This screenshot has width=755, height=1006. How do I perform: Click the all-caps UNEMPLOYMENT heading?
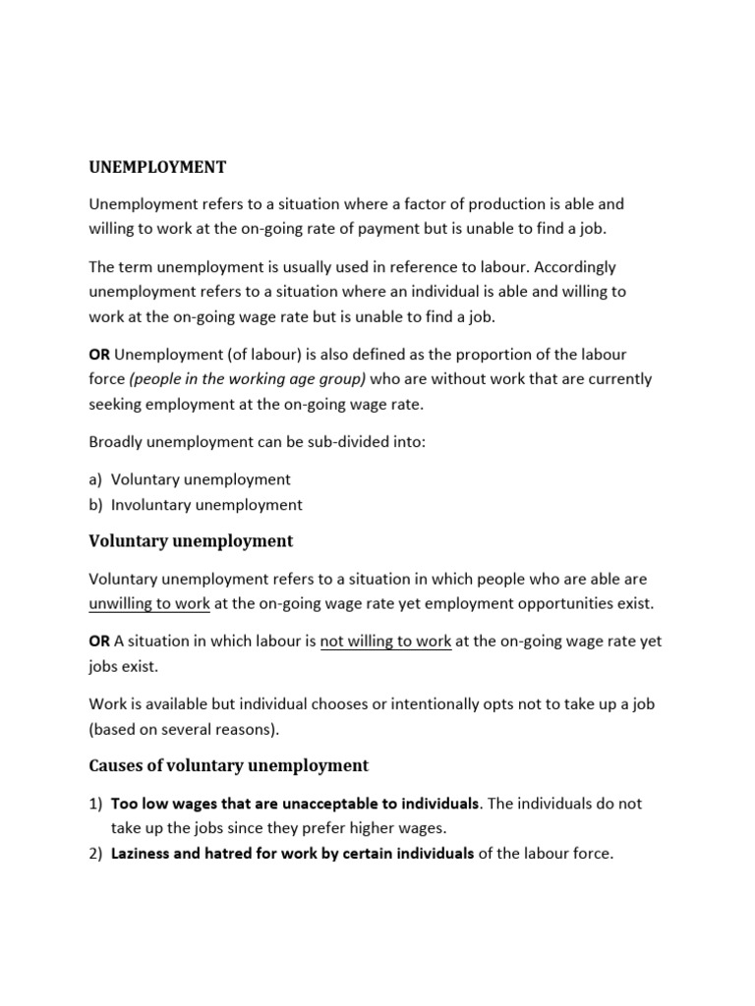157,167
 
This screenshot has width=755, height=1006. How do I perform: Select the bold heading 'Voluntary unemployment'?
191,541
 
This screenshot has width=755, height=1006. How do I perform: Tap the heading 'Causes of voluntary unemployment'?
228,765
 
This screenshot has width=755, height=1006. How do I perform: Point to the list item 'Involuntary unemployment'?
206,505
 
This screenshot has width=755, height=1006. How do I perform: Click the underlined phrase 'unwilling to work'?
149,603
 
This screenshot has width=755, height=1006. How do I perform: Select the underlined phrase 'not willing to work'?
385,642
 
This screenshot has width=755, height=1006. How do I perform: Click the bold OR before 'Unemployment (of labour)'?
99,354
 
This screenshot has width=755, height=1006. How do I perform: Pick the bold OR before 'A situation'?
99,642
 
